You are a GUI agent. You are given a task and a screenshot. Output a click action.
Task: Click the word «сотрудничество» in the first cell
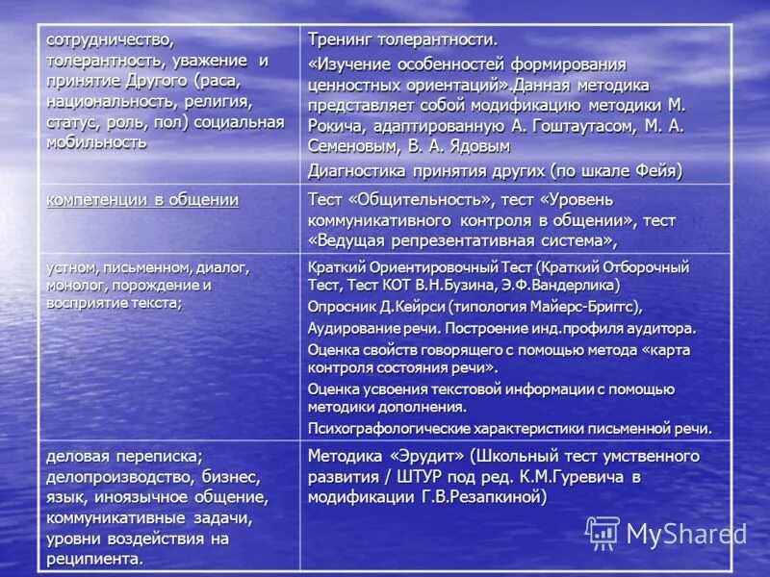tap(110, 39)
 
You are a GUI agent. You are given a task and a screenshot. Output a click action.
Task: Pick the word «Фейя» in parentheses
tap(654, 171)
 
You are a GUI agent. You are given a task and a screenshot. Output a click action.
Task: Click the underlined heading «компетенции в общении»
tap(142, 200)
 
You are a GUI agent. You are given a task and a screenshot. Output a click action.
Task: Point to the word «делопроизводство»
tap(121, 477)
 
